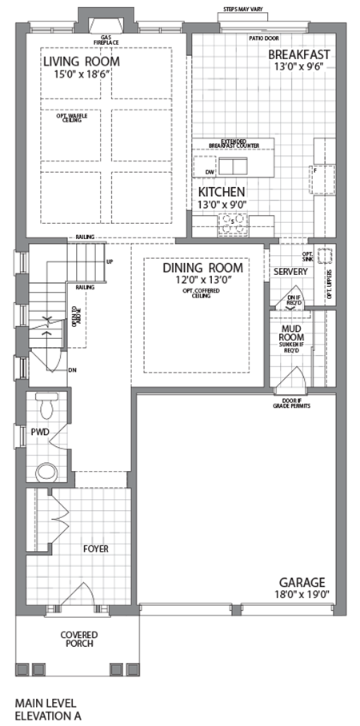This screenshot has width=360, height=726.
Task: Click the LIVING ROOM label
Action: [x=82, y=62]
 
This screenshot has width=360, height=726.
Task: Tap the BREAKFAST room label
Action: [x=299, y=54]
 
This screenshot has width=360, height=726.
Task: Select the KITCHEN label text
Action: [x=222, y=192]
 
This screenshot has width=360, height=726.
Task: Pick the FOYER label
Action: [x=95, y=549]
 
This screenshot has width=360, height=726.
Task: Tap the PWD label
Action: [x=40, y=432]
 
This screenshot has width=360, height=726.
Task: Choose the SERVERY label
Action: [x=290, y=272]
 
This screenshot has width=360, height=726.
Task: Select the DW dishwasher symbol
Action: [x=209, y=172]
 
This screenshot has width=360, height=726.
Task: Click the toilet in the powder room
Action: [x=46, y=405]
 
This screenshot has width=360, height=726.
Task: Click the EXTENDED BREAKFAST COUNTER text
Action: [x=232, y=142]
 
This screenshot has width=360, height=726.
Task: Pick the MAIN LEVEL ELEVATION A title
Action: [x=48, y=709]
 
